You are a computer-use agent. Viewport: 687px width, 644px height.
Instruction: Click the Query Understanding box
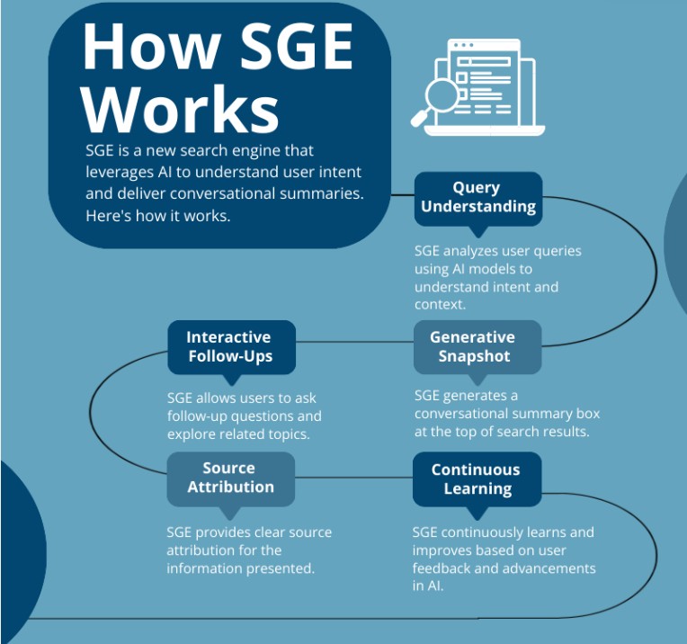click(478, 199)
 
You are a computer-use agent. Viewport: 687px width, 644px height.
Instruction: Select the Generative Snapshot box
click(477, 347)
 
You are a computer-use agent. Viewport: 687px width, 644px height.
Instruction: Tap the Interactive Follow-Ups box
click(231, 347)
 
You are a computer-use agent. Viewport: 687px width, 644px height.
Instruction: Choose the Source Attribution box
click(231, 479)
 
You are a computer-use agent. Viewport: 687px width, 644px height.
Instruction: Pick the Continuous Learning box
click(477, 479)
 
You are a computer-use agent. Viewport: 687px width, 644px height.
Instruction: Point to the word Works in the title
click(180, 110)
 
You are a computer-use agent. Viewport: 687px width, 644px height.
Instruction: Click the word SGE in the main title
click(297, 47)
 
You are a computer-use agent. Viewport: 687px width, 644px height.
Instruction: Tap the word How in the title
click(151, 47)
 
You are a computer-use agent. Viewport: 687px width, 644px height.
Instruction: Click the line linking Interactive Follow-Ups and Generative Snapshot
click(354, 342)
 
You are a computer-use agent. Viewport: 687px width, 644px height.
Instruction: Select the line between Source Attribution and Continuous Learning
click(353, 477)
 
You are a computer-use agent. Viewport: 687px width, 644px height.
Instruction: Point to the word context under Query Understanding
click(440, 304)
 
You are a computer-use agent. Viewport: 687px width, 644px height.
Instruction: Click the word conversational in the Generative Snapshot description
click(461, 414)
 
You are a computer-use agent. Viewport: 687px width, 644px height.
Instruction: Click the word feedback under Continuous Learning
click(442, 568)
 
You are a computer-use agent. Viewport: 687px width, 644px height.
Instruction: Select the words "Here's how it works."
click(157, 216)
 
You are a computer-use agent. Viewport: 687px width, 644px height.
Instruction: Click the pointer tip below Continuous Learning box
click(477, 520)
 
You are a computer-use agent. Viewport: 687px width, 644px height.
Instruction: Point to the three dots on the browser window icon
click(464, 45)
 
